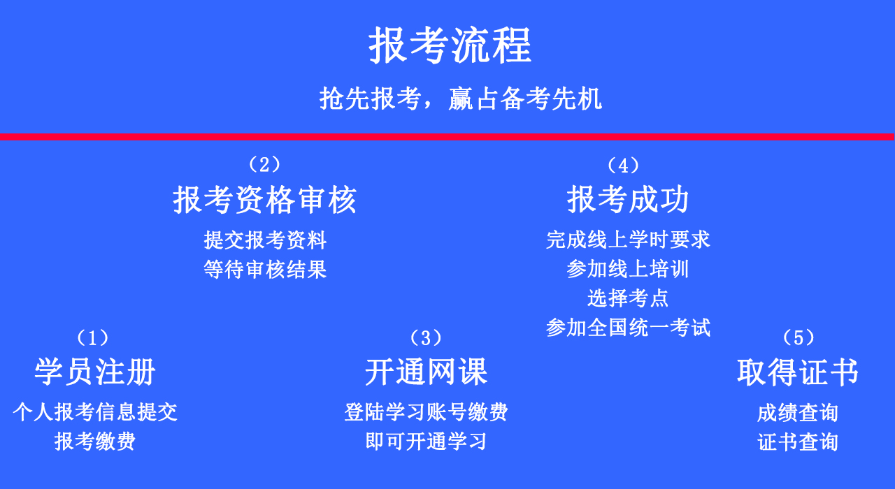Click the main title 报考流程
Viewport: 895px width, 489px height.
(x=450, y=45)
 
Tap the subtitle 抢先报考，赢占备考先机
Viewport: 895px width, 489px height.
(x=460, y=98)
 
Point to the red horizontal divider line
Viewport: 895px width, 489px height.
(x=447, y=137)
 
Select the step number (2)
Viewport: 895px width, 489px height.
(x=264, y=164)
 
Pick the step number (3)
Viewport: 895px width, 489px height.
(x=426, y=338)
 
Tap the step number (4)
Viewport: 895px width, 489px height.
(x=623, y=166)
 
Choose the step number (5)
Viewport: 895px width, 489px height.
(x=798, y=338)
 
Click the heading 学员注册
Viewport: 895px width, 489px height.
(x=95, y=372)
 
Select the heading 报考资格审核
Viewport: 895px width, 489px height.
(x=265, y=200)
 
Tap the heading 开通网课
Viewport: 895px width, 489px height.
(x=426, y=372)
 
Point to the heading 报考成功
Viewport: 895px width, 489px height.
(x=628, y=200)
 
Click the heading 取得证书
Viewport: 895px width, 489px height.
(x=798, y=372)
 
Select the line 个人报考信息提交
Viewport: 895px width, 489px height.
(x=95, y=412)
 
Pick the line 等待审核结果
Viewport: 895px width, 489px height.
(x=265, y=270)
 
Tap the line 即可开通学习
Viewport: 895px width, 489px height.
(x=426, y=441)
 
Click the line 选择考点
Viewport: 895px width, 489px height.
(x=628, y=298)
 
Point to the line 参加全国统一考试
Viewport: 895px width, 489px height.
(x=628, y=328)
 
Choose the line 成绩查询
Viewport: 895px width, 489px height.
(x=798, y=413)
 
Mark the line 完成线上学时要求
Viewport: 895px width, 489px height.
(x=628, y=240)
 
